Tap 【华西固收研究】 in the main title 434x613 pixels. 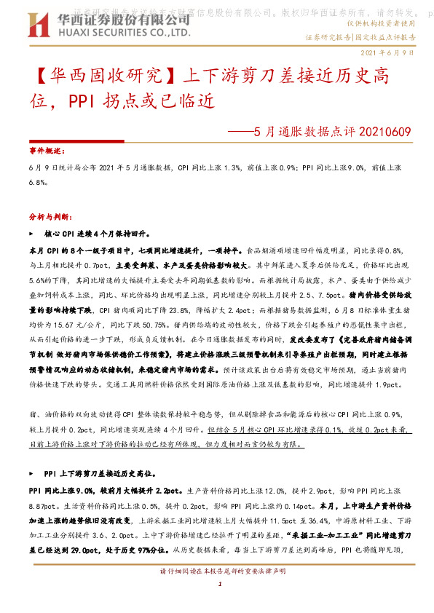[x=105, y=75]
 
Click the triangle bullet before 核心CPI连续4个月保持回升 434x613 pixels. [x=30, y=235]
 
